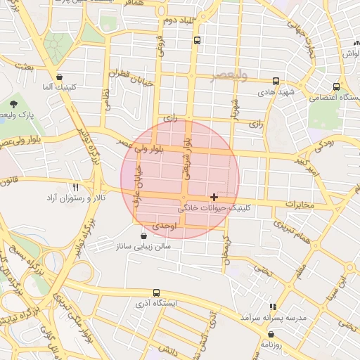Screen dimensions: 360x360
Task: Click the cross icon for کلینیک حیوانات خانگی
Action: pos(214,197)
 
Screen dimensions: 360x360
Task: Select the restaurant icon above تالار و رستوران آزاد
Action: pos(75,188)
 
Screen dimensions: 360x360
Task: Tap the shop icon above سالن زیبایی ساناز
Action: pos(144,236)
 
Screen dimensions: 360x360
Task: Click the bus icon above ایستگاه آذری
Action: pos(156,292)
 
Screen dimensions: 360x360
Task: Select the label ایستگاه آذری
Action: pos(156,304)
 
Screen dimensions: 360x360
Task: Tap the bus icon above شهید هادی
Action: pos(276,81)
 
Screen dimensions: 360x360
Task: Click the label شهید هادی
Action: pos(275,92)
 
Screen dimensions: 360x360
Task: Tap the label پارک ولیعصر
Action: pos(27,114)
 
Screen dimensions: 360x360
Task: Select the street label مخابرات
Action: pos(299,204)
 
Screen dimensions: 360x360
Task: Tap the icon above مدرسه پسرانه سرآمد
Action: pos(274,307)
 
